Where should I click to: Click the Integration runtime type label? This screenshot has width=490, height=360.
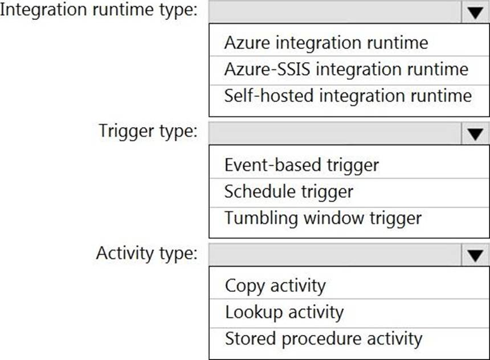point(99,10)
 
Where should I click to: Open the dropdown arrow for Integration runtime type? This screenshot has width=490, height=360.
point(475,13)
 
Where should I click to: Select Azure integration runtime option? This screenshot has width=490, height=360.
point(326,43)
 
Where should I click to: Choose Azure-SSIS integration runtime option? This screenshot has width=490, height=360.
point(346,69)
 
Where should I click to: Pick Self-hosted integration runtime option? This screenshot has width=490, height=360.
point(348,95)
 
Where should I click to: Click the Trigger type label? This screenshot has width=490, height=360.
point(148,131)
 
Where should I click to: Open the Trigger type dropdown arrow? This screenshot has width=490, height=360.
point(475,134)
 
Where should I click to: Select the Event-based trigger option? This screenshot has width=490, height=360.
point(301,165)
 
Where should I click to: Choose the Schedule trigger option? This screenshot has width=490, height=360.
point(289,191)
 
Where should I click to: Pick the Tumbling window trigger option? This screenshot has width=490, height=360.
point(323,218)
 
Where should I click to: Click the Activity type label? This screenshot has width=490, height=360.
point(147,253)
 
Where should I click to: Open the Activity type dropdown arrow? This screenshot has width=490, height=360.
point(475,255)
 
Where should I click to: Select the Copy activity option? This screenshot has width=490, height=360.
point(275,287)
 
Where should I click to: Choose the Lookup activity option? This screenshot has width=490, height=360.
point(284,313)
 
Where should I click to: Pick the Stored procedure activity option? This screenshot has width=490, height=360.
point(324,339)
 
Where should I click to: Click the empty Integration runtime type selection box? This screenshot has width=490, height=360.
point(335,13)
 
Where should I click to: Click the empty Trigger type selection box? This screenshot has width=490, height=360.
point(335,134)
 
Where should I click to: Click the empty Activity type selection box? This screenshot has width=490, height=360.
point(335,255)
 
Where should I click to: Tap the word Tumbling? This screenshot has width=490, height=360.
point(260,218)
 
